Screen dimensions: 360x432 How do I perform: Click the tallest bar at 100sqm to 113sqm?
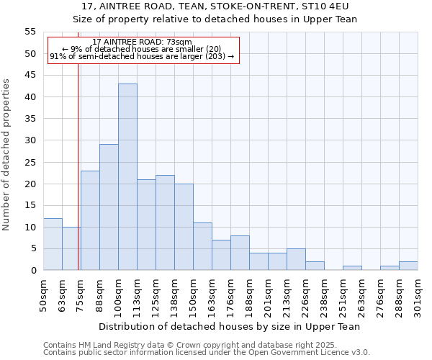point(127,177)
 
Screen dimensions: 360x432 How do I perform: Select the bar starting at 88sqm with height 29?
point(109,207)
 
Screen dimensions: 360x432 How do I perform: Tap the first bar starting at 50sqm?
point(53,244)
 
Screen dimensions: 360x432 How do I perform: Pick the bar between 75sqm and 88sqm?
point(90,220)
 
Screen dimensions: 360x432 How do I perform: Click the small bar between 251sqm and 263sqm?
point(352,268)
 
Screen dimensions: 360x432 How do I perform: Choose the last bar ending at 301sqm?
point(408,266)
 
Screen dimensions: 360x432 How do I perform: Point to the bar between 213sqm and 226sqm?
point(296,259)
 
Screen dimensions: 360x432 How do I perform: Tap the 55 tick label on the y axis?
point(30,32)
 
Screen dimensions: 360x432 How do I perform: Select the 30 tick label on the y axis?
point(30,140)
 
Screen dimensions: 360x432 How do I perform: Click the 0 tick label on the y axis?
point(32,271)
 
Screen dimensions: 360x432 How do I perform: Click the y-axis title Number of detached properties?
point(7,155)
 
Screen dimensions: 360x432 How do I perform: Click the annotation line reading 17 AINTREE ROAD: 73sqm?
point(142,42)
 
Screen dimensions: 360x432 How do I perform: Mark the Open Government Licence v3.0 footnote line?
point(207,352)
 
